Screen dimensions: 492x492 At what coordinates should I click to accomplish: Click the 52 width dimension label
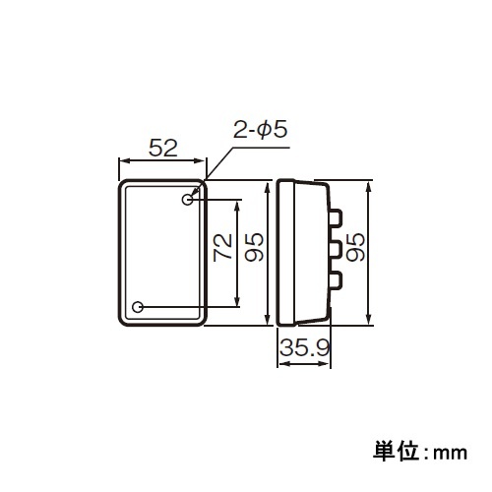click(x=162, y=148)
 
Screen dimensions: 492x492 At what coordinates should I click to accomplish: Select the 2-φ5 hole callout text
click(x=260, y=129)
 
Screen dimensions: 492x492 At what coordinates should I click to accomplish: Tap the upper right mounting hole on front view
click(x=187, y=200)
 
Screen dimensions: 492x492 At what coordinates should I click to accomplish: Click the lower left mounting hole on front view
click(x=139, y=307)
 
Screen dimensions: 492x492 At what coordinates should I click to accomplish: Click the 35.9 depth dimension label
click(x=303, y=347)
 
